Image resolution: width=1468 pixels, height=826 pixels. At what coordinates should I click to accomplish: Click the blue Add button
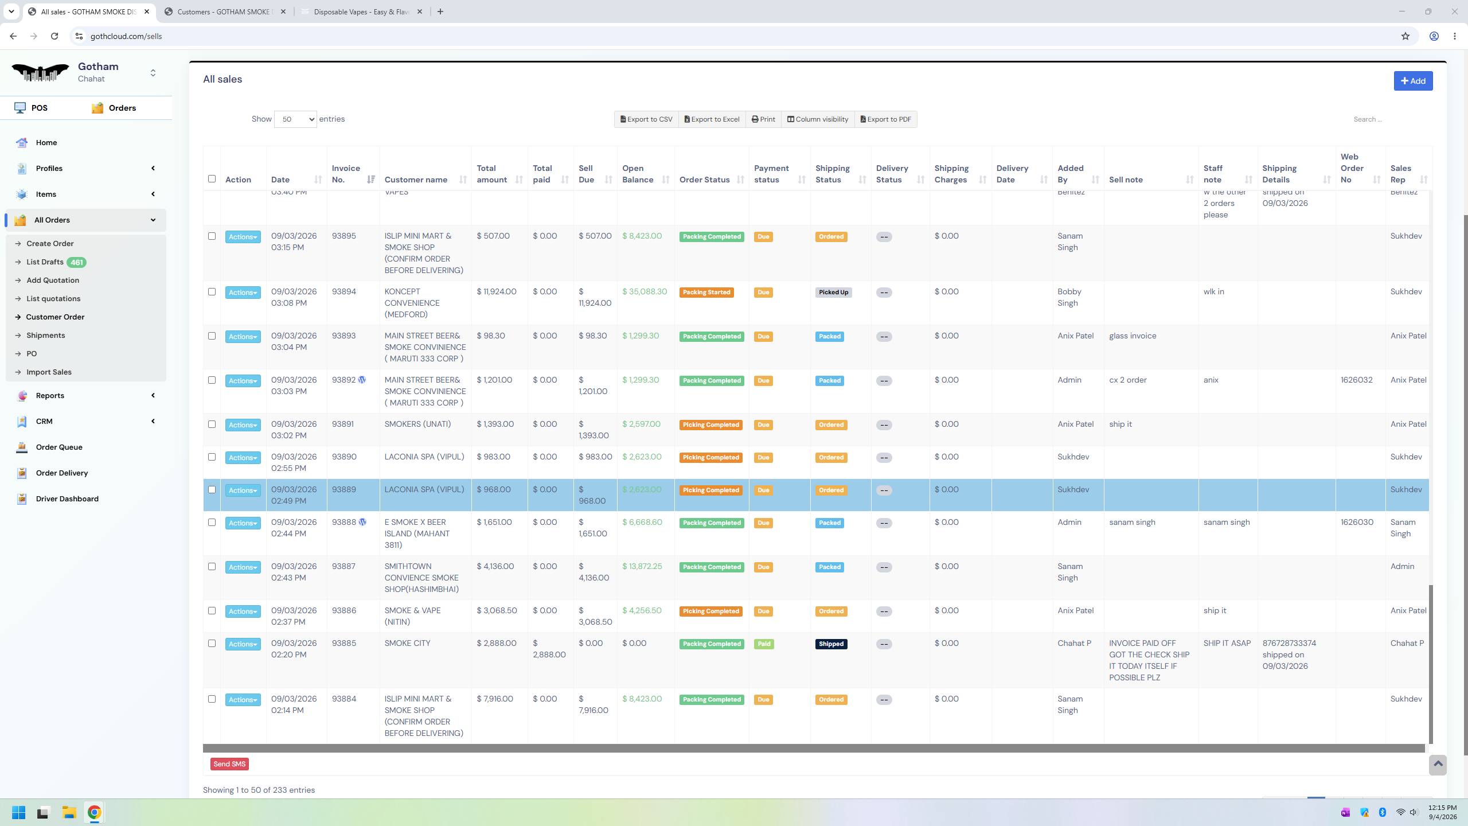coord(1413,81)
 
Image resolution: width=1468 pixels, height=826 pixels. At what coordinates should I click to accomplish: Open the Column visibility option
coord(817,119)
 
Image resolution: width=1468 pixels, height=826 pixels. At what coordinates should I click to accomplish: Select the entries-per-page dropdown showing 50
coord(295,119)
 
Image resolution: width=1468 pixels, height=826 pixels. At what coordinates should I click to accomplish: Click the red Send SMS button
coord(229,764)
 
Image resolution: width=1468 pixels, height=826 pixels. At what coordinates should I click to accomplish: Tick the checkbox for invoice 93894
coord(212,292)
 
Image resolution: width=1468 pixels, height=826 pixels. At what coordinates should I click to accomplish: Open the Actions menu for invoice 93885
coord(243,644)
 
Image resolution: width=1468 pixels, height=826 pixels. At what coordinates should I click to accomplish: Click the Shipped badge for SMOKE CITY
coord(831,644)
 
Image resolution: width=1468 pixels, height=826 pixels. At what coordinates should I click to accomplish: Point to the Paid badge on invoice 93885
coord(764,644)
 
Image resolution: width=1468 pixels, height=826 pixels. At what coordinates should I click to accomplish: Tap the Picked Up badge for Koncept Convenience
coord(833,293)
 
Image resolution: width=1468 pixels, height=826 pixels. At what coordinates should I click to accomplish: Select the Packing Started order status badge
coord(706,293)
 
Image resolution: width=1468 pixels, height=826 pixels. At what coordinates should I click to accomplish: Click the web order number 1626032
coord(1356,380)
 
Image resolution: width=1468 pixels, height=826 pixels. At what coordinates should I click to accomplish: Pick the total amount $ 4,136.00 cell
coord(495,566)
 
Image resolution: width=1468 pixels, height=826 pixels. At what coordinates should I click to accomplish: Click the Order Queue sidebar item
coord(59,447)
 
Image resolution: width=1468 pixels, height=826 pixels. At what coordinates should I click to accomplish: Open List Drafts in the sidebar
coord(45,262)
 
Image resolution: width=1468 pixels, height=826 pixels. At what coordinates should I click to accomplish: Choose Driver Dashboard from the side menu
coord(67,499)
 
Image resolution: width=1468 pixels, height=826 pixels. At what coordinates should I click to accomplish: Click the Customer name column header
coord(416,180)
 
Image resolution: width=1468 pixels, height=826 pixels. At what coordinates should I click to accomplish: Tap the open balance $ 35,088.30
coord(645,291)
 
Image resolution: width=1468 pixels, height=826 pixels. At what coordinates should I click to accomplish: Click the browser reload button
coord(54,36)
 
